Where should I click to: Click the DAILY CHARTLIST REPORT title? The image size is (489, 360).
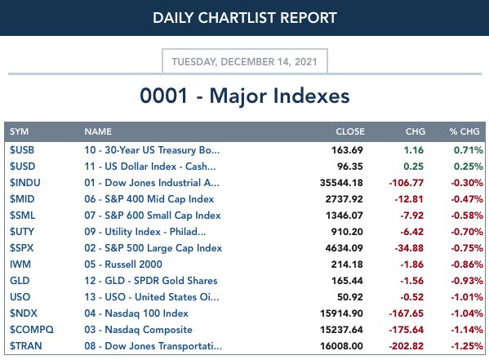[x=245, y=18]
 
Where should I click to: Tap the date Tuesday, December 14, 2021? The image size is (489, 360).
[x=245, y=62]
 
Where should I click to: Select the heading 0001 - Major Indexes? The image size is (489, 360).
[x=245, y=96]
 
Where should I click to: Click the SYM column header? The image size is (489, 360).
[x=19, y=131]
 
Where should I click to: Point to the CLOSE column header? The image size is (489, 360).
[x=350, y=131]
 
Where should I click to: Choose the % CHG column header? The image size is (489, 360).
[x=465, y=131]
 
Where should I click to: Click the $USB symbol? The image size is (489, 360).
[x=22, y=150]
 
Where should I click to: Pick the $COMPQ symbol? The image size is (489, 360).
[x=32, y=330]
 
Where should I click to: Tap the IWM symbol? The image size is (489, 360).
[x=20, y=264]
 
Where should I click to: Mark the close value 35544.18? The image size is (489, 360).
[x=341, y=183]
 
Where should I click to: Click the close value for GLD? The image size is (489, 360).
[x=347, y=281]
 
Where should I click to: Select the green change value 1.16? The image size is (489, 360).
[x=414, y=150]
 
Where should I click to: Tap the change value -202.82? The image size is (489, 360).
[x=407, y=346]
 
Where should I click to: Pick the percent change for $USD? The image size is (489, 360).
[x=468, y=167]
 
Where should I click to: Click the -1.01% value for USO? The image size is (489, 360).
[x=467, y=297]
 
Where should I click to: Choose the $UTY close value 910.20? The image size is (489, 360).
[x=347, y=232]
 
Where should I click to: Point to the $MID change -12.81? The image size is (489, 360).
[x=409, y=199]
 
